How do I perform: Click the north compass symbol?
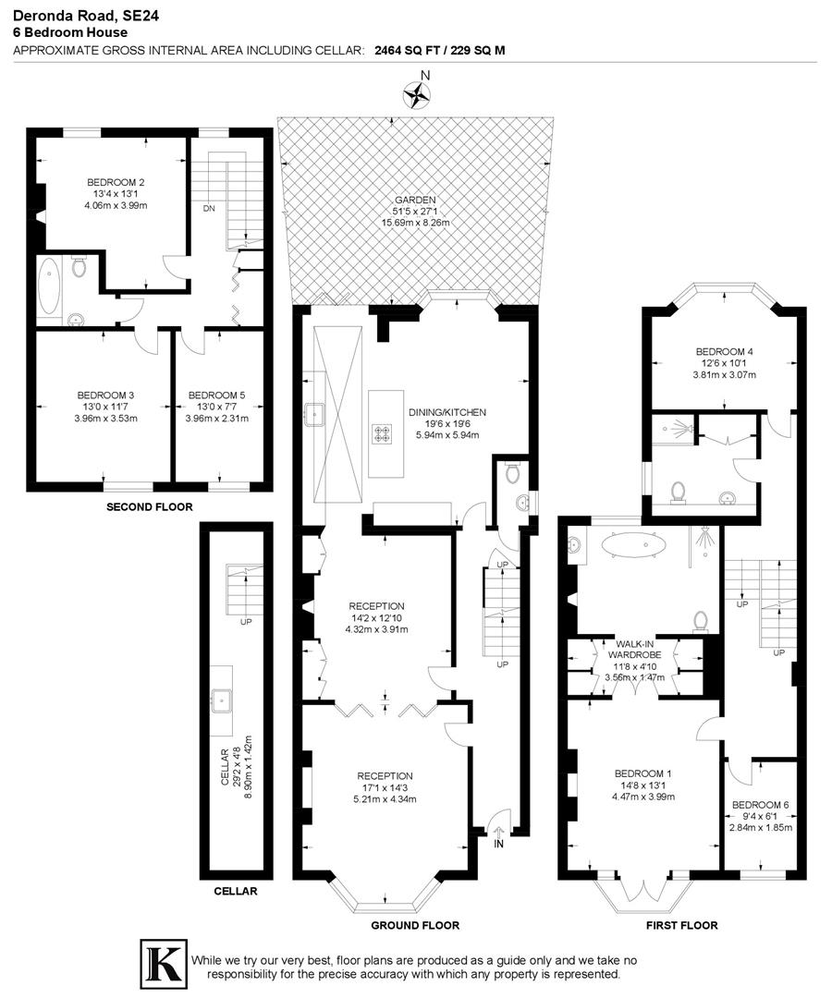[417, 93]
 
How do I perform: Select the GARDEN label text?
[413, 200]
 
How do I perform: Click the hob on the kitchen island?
[382, 433]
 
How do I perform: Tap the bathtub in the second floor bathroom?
[49, 286]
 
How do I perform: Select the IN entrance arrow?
[498, 836]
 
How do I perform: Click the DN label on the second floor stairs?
[209, 209]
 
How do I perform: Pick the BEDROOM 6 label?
[760, 805]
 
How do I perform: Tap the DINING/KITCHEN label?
[447, 412]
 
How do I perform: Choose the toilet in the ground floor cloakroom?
[512, 473]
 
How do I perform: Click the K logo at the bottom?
[162, 962]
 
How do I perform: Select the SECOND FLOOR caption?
[149, 507]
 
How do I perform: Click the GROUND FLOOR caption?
[415, 925]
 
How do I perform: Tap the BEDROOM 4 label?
[725, 352]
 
